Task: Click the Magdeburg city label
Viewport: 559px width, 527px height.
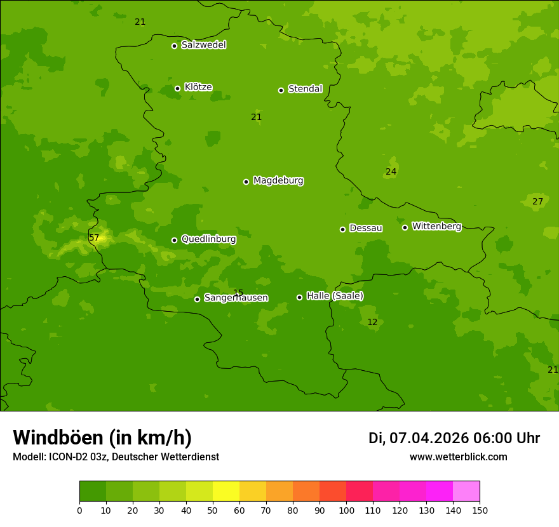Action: pyautogui.click(x=278, y=181)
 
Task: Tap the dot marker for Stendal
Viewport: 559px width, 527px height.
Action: pyautogui.click(x=281, y=90)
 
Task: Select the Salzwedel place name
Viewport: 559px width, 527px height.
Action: pyautogui.click(x=203, y=45)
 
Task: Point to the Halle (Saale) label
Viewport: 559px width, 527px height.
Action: pyautogui.click(x=335, y=296)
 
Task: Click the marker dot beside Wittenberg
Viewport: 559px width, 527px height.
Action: pyautogui.click(x=405, y=227)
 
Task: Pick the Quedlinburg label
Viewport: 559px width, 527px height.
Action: pyautogui.click(x=208, y=239)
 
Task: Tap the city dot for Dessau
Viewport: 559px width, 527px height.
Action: pyautogui.click(x=342, y=229)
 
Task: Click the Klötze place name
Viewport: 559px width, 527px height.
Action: pyautogui.click(x=198, y=88)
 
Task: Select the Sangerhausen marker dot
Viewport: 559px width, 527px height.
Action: pyautogui.click(x=197, y=299)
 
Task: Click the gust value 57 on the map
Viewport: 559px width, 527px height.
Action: pyautogui.click(x=94, y=238)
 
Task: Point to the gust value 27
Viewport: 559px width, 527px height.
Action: pyautogui.click(x=537, y=202)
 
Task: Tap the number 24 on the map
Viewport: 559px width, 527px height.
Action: pyautogui.click(x=391, y=172)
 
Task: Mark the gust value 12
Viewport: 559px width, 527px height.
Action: pyautogui.click(x=372, y=323)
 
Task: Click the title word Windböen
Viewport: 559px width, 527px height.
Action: pyautogui.click(x=58, y=438)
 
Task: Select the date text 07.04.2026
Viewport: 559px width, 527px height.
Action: pyautogui.click(x=429, y=439)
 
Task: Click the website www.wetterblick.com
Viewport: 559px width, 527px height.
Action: pyautogui.click(x=458, y=457)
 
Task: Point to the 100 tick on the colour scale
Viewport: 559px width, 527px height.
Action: pyautogui.click(x=346, y=510)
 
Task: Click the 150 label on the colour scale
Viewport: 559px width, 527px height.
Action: pyautogui.click(x=480, y=510)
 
